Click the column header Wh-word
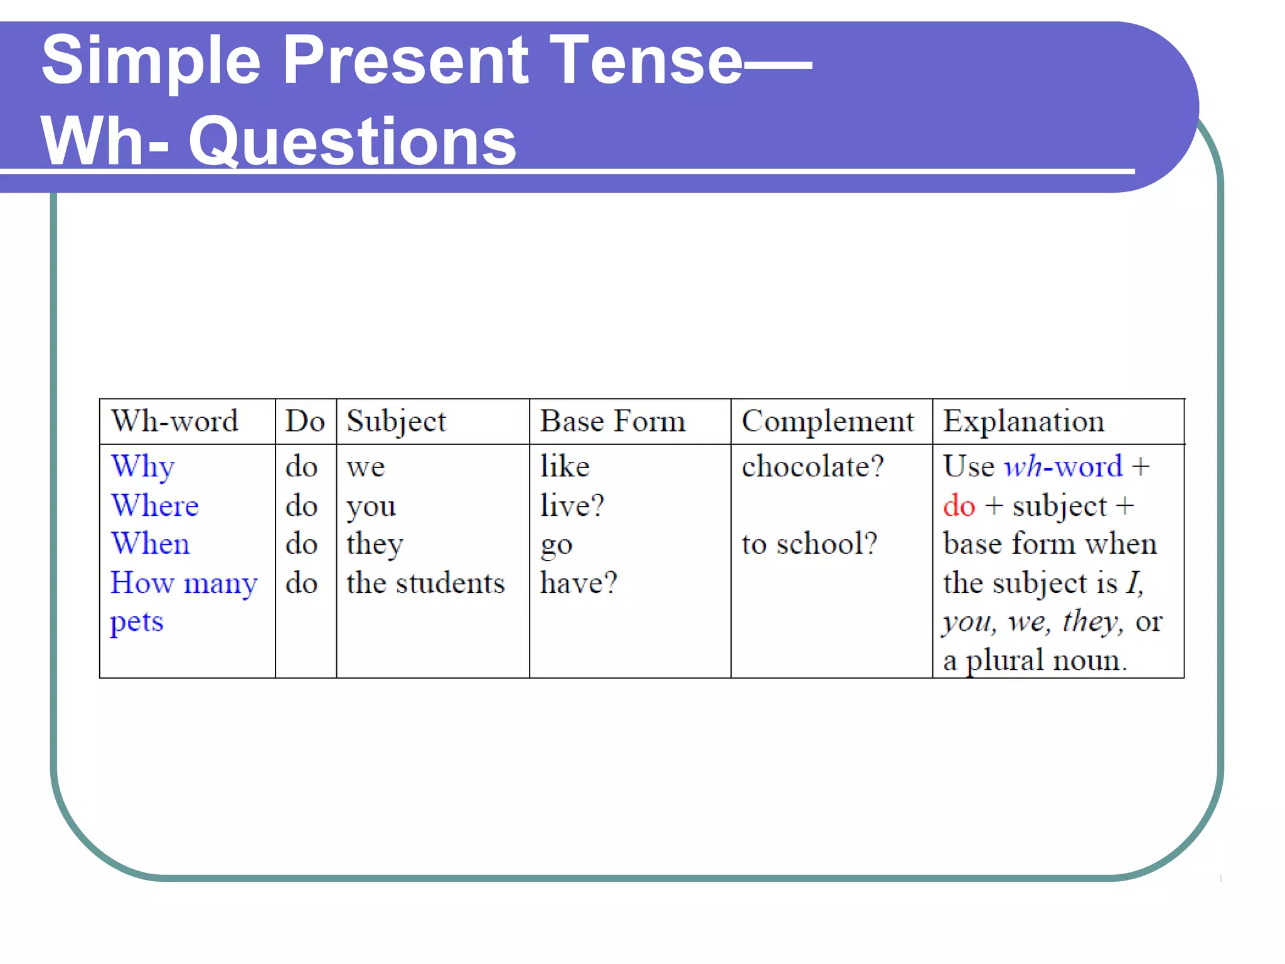click(174, 421)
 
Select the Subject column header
click(396, 421)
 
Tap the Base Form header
click(612, 421)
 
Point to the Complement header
click(828, 421)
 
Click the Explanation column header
click(1023, 421)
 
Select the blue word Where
click(155, 506)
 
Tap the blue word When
click(151, 544)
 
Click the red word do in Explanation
click(959, 506)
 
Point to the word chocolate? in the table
click(813, 467)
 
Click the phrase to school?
click(809, 544)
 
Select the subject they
click(375, 544)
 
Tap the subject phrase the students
click(425, 583)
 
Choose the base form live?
click(572, 506)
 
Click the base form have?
click(579, 583)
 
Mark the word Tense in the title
click(646, 60)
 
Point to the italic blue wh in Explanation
click(1023, 467)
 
